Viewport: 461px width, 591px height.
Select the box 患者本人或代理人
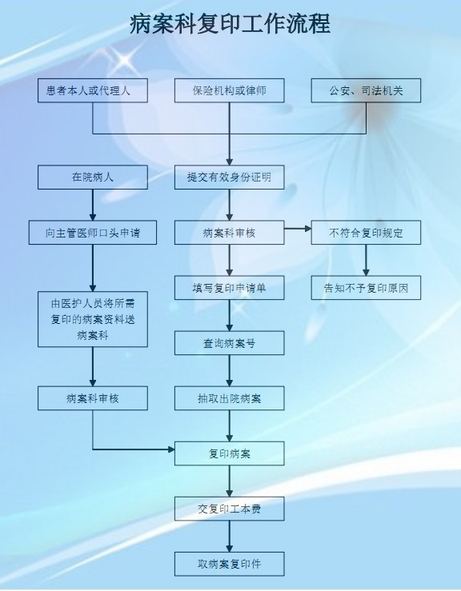92,90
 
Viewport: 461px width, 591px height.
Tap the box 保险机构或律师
229,90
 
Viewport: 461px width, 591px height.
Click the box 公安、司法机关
366,90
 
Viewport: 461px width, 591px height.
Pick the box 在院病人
92,178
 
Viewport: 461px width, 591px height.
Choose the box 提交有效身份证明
229,178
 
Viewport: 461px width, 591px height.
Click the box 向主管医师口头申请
92,233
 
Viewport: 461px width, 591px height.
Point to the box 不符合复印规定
366,233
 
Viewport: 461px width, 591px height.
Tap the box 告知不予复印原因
366,288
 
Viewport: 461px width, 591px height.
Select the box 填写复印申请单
229,288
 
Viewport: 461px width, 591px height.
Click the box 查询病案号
229,343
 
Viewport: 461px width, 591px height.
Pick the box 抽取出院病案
229,398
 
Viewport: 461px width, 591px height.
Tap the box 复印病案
229,453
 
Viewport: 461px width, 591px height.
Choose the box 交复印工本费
229,509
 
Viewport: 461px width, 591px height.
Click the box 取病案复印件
229,565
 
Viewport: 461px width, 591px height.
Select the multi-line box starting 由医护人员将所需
92,319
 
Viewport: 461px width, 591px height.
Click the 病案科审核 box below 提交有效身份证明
229,233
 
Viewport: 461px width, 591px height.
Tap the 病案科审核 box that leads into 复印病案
92,398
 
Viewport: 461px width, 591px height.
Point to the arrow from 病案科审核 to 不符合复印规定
298,229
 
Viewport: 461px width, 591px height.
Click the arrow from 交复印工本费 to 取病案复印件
229,537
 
